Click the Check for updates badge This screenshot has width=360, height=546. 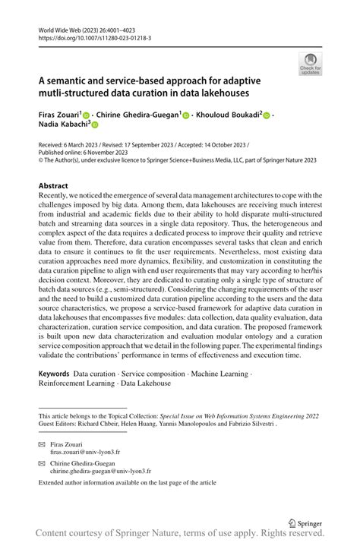point(309,64)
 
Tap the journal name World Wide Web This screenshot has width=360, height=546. point(62,28)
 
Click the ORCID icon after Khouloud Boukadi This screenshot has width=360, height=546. point(267,115)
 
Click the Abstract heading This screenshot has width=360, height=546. point(54,186)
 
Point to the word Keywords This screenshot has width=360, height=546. point(54,374)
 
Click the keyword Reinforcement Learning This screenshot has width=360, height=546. point(74,383)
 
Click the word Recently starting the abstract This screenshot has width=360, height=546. point(56,196)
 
